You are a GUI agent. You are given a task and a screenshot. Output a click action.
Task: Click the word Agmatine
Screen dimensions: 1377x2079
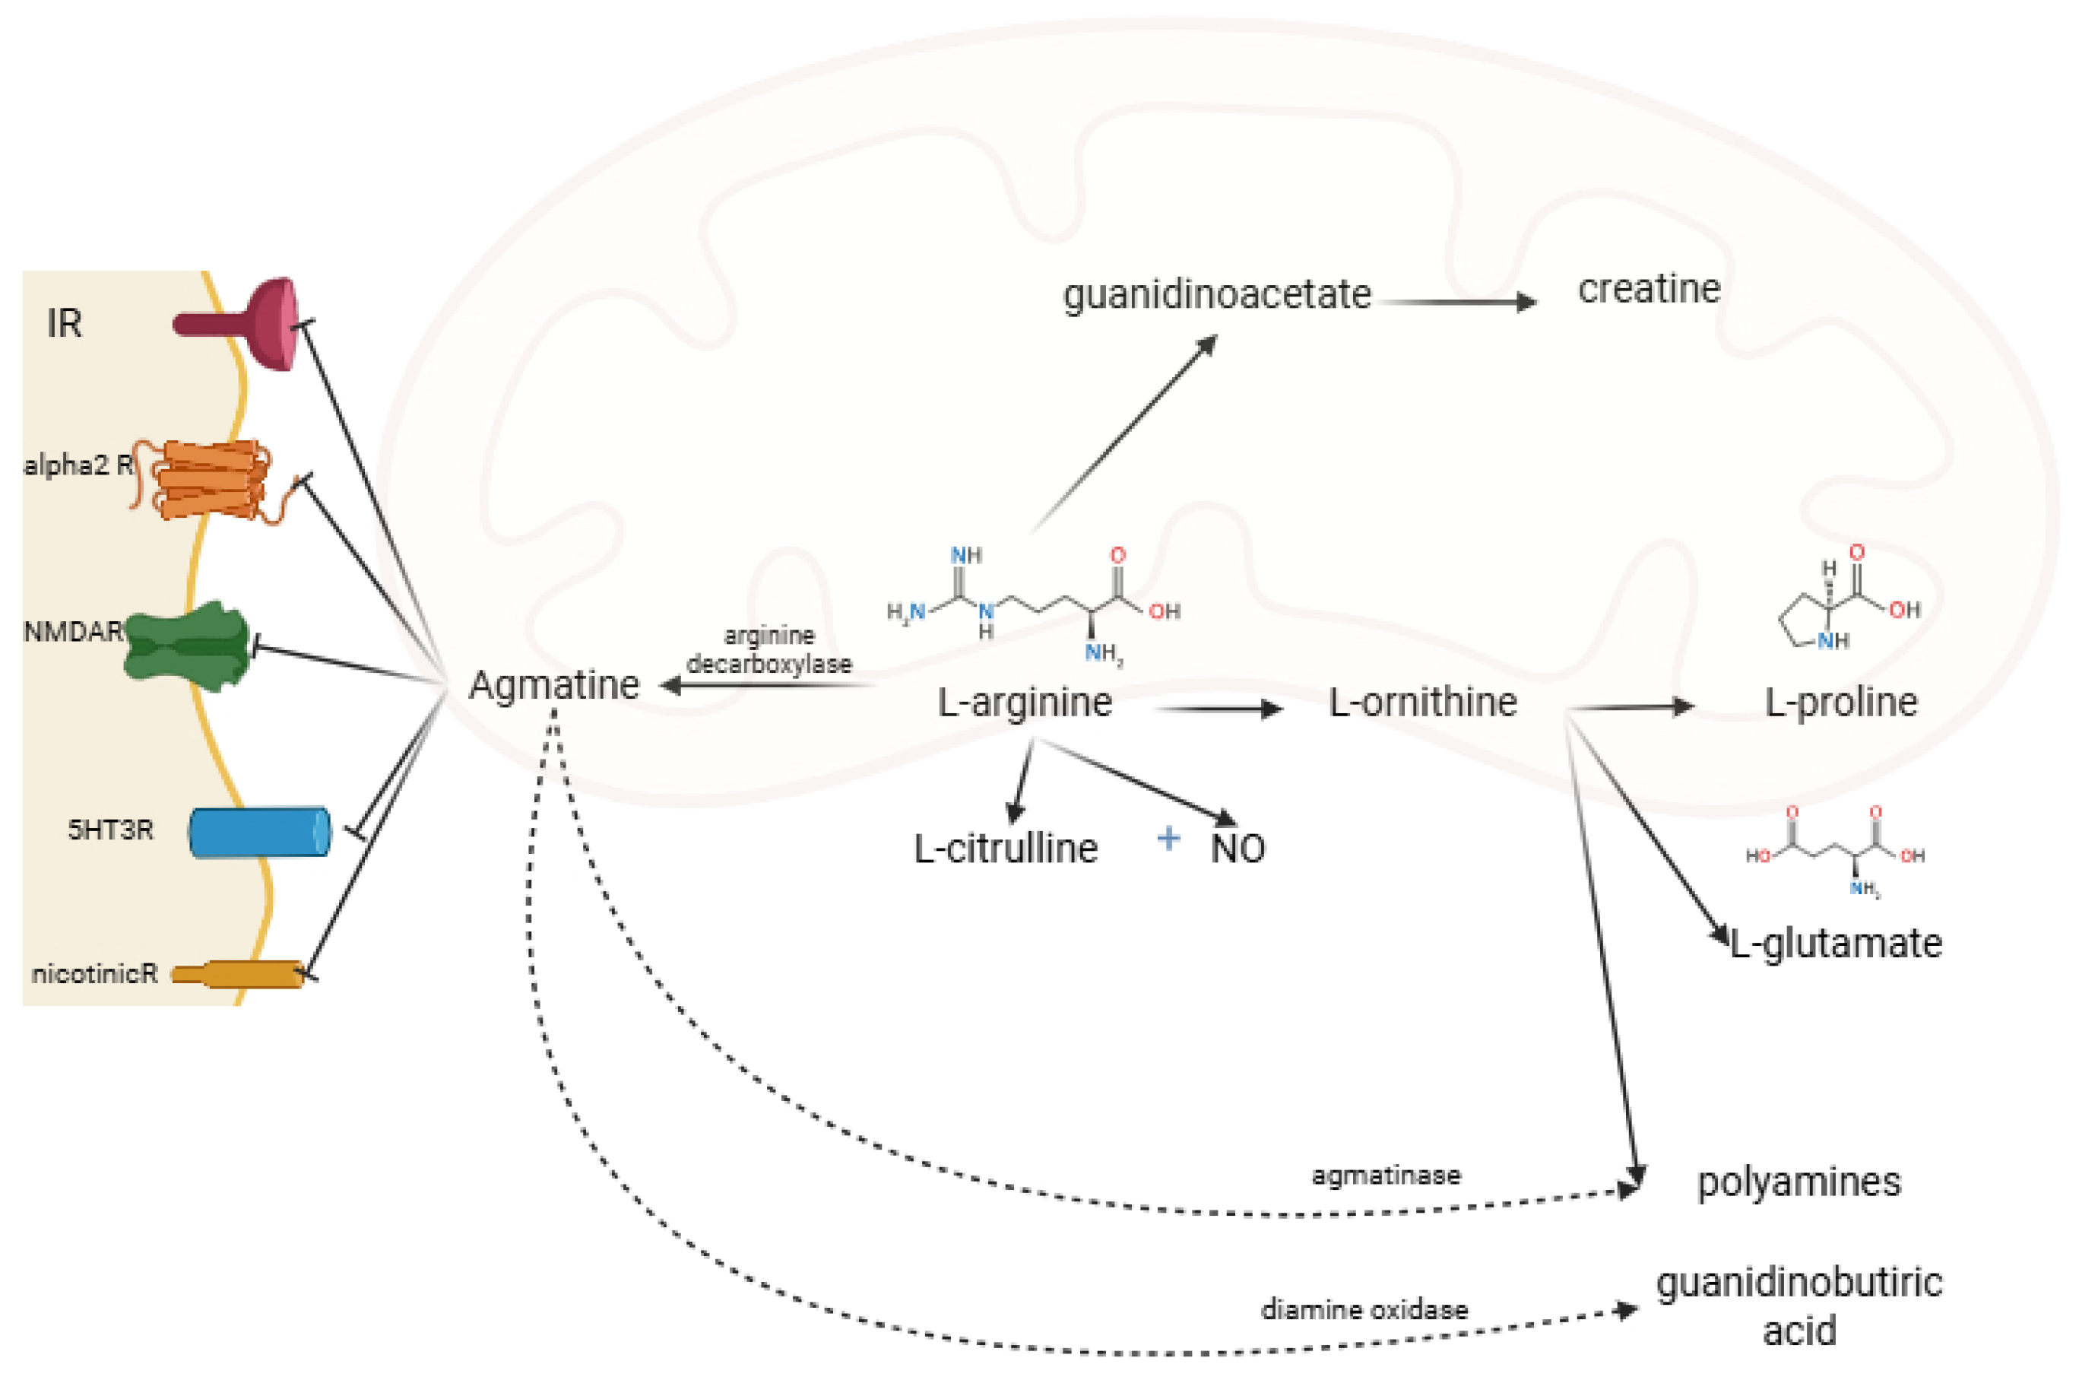click(x=554, y=685)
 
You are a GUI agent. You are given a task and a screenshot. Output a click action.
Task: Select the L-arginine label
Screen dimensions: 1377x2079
click(x=1025, y=703)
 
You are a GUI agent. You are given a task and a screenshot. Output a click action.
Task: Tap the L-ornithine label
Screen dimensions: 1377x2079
click(x=1422, y=703)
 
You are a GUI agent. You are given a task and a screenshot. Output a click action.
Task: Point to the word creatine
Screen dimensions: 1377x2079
click(x=1649, y=289)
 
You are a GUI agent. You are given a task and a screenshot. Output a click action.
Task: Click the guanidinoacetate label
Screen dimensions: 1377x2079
click(x=1217, y=294)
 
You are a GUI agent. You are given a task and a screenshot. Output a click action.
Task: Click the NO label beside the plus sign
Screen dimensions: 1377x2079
click(x=1238, y=849)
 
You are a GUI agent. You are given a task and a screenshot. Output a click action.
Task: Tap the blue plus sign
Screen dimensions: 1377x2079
click(x=1168, y=839)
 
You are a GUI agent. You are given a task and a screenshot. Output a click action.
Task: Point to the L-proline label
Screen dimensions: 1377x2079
click(x=1841, y=703)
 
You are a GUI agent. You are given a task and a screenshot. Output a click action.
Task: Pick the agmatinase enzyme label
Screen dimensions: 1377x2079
click(x=1386, y=1175)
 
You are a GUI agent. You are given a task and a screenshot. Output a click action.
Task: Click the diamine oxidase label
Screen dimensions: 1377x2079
click(x=1364, y=1310)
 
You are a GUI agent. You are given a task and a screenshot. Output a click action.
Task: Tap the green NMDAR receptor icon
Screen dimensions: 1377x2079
click(x=186, y=646)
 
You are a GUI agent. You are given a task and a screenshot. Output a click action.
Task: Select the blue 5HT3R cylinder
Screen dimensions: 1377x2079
click(x=260, y=832)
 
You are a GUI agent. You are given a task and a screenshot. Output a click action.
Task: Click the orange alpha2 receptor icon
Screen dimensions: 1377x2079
click(x=211, y=481)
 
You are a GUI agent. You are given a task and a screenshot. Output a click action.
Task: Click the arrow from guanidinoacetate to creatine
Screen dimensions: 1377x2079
click(x=1457, y=302)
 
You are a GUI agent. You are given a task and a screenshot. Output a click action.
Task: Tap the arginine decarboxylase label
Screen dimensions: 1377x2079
click(x=769, y=650)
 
